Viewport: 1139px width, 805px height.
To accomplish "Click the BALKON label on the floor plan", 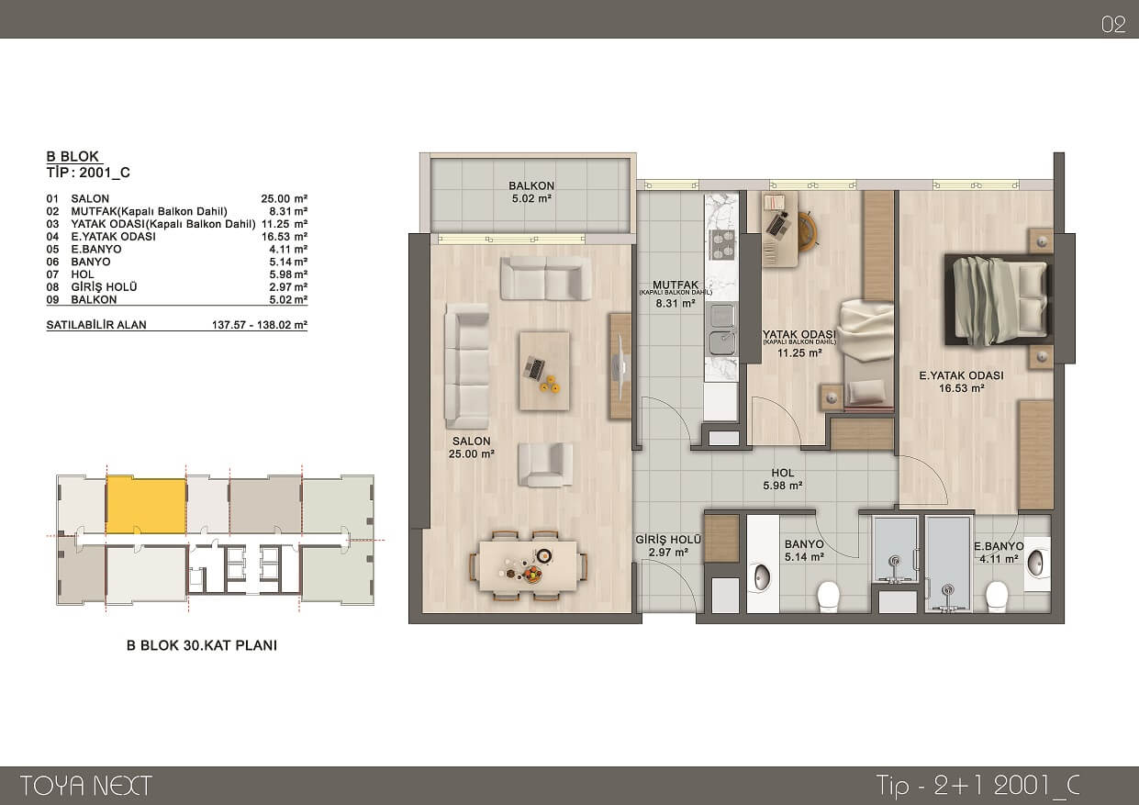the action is [531, 185].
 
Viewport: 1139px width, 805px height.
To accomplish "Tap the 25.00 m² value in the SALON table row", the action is [285, 199].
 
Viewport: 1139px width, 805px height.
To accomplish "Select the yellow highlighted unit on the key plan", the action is [146, 505].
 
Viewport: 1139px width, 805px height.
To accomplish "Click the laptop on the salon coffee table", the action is [534, 367].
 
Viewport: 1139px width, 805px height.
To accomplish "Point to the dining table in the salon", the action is [528, 566].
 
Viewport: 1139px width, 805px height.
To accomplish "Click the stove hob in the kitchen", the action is [721, 245].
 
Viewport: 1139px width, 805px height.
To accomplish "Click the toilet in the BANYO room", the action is [828, 597].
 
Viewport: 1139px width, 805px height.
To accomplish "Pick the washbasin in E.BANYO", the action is [1036, 563].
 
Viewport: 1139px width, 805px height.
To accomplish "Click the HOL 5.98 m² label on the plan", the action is [783, 479].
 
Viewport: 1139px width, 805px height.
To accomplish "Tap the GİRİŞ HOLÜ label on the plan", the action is [668, 540].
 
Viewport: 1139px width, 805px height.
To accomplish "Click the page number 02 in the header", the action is [1113, 25].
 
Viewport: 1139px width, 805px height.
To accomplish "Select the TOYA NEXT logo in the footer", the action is [85, 785].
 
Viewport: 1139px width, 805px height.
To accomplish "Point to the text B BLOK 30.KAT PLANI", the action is [202, 645].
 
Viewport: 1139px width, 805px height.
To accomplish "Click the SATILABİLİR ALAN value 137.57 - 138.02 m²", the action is [260, 325].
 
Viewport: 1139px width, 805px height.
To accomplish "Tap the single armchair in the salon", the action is [545, 464].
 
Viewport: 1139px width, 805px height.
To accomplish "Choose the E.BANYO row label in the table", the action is [96, 249].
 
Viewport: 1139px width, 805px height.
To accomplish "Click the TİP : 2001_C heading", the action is [88, 173].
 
